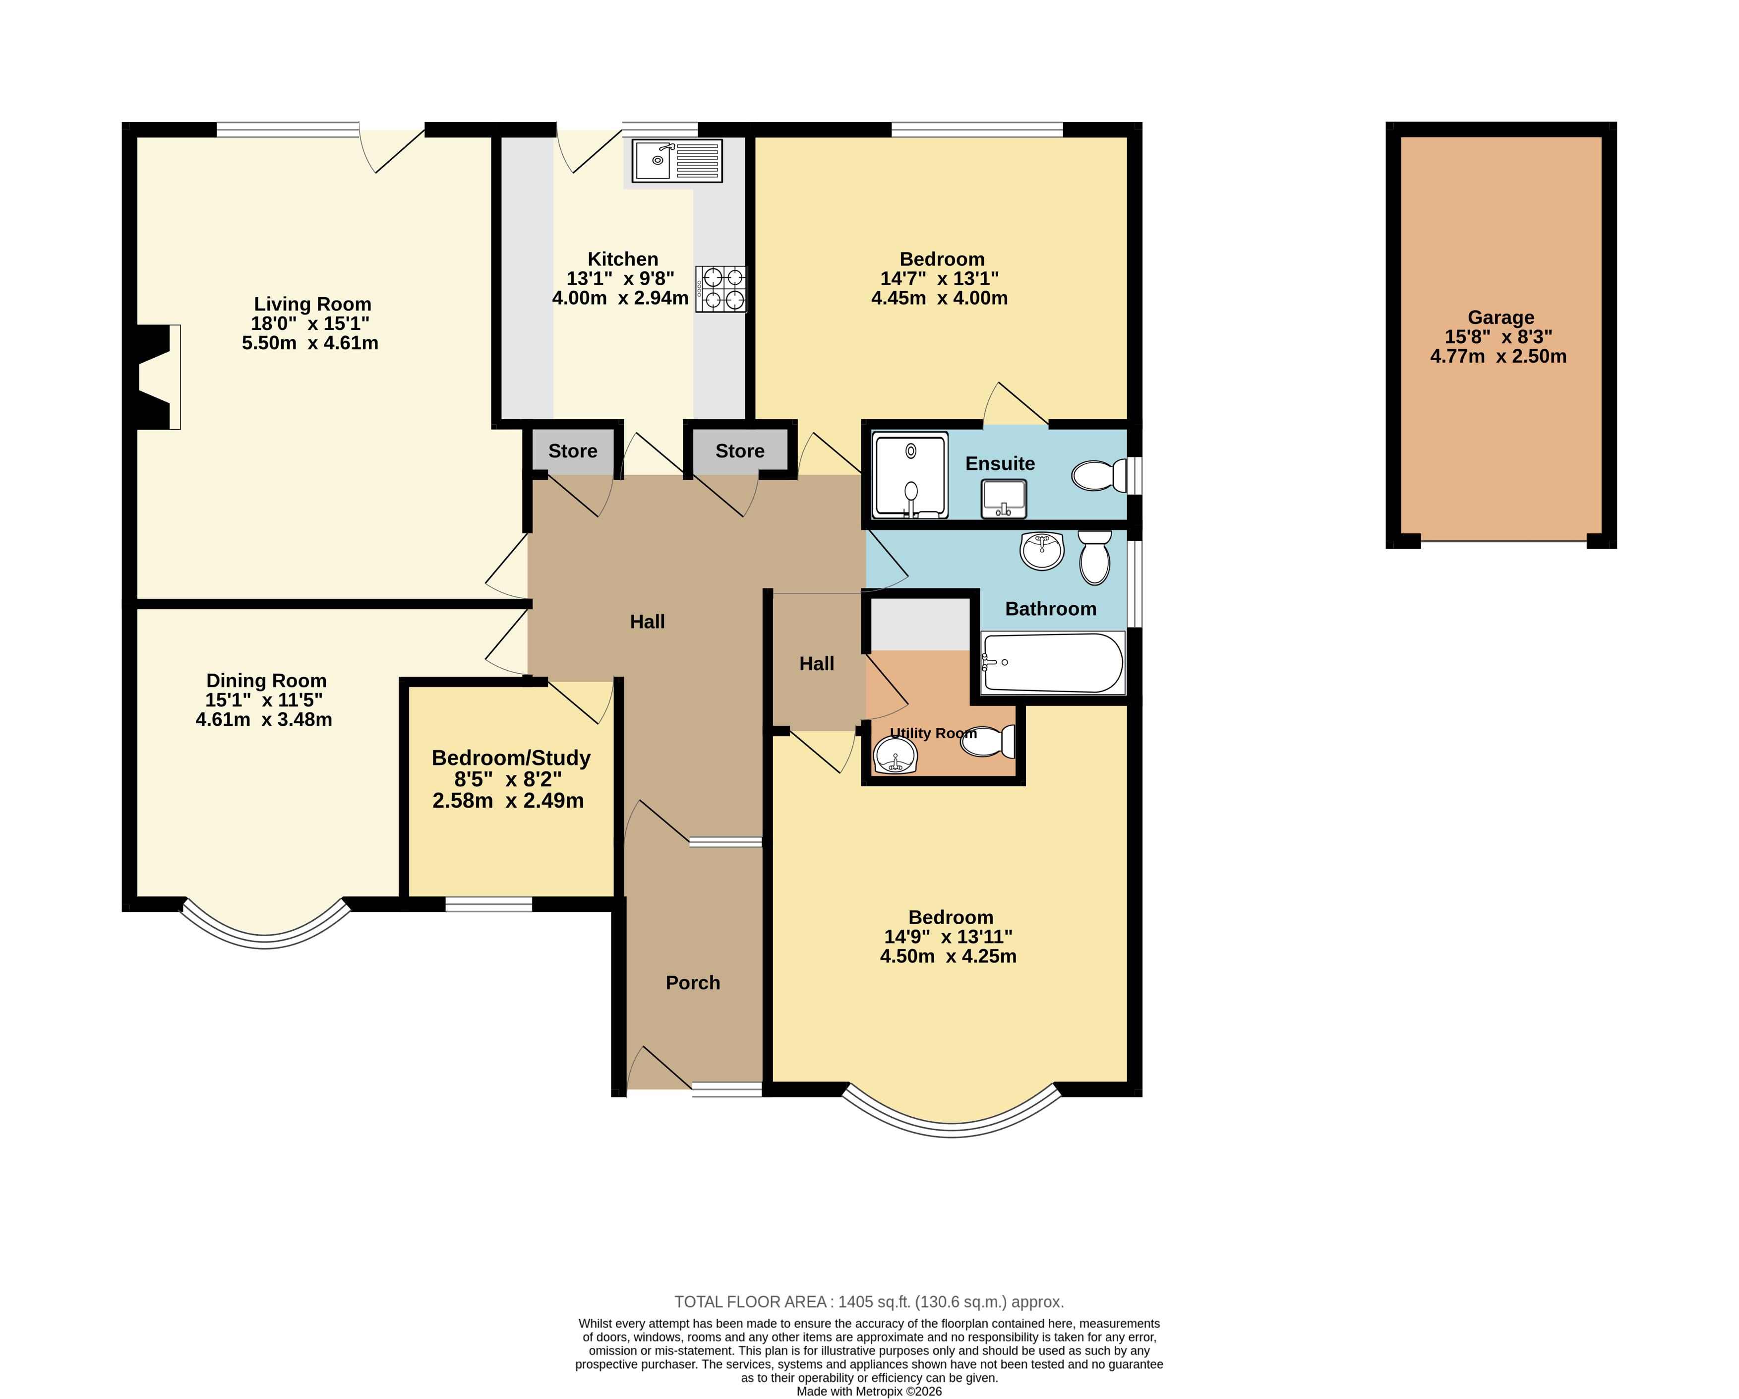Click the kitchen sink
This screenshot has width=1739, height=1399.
[x=677, y=161]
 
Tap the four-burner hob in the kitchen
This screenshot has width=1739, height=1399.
[x=721, y=289]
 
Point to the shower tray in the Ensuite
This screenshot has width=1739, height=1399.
[x=910, y=475]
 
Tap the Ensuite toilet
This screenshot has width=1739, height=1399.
[x=1099, y=475]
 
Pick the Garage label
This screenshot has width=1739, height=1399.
[x=1501, y=317]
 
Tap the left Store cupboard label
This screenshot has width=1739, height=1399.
[x=573, y=451]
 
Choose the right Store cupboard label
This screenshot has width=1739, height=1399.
[x=740, y=451]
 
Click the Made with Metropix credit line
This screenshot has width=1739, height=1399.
[x=869, y=1391]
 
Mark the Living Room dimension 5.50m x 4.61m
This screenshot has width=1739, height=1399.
[x=310, y=343]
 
